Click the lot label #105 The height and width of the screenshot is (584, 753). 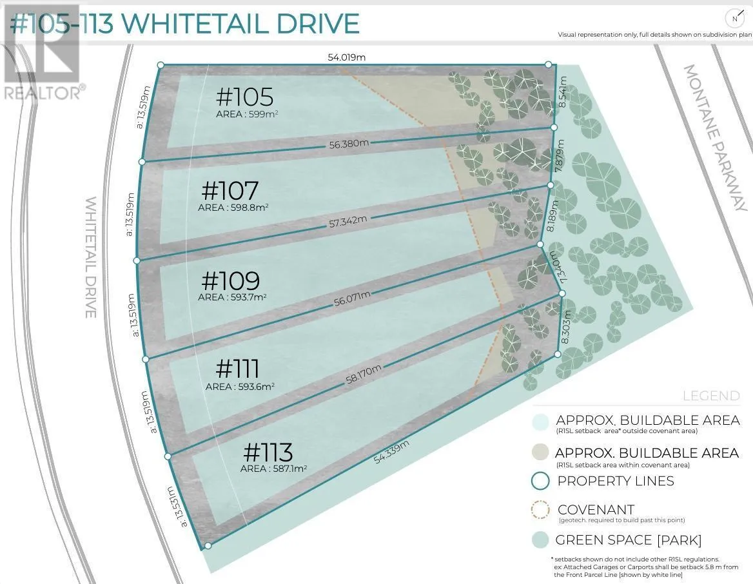(245, 97)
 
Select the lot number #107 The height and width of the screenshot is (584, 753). (230, 191)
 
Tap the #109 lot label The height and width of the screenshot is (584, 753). (231, 280)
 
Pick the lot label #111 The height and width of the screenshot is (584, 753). (238, 369)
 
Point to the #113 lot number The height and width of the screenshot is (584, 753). (268, 452)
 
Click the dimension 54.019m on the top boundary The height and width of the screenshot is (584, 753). (347, 57)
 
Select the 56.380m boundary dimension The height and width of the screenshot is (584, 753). (349, 144)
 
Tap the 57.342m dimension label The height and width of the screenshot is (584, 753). (348, 222)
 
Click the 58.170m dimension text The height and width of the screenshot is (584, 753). (364, 374)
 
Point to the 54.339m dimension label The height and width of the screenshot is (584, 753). (391, 452)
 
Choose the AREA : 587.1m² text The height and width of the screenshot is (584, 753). (274, 468)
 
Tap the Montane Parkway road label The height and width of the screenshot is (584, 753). (716, 138)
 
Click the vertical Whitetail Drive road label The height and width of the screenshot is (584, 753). (91, 257)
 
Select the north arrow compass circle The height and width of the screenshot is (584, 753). (734, 19)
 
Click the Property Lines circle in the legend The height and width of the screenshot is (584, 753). (541, 481)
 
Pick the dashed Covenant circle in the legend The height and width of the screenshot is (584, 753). (541, 511)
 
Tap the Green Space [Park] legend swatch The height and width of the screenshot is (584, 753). (541, 540)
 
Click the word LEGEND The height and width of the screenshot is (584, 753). (711, 396)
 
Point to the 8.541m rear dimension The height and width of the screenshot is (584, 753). (563, 92)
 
